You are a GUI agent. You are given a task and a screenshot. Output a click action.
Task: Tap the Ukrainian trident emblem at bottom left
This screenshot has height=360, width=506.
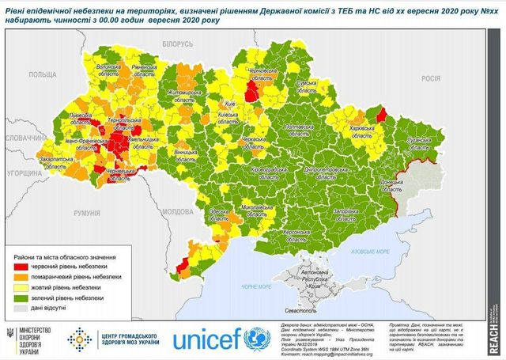10,336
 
